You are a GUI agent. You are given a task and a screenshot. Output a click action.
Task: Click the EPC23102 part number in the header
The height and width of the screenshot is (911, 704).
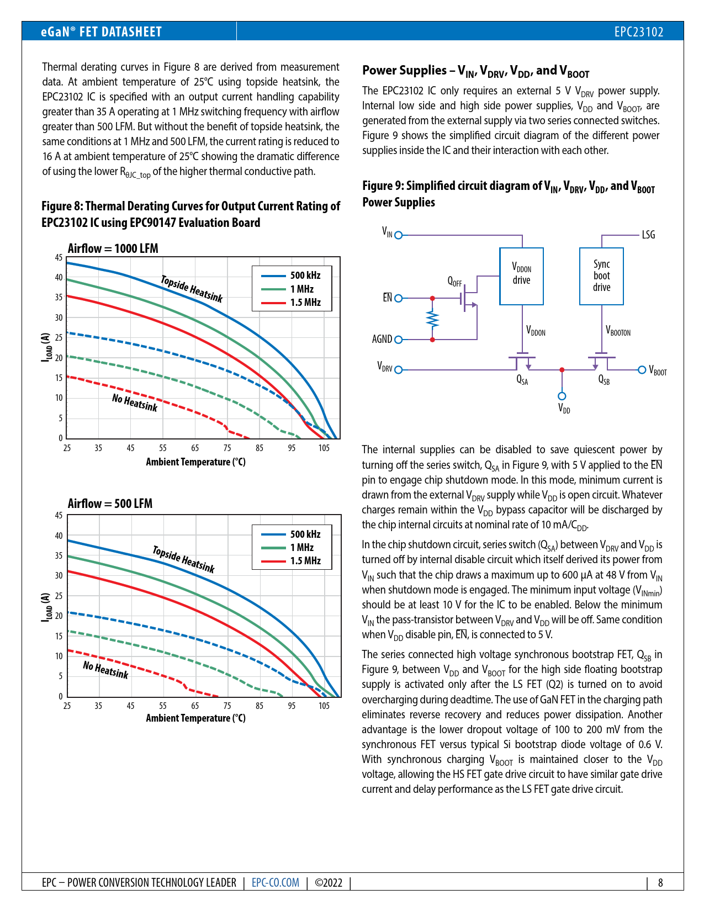click(x=638, y=32)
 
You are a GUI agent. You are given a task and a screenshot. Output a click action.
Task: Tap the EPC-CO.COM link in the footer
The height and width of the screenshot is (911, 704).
click(x=275, y=882)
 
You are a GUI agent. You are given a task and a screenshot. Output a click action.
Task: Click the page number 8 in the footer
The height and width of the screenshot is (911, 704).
click(x=660, y=882)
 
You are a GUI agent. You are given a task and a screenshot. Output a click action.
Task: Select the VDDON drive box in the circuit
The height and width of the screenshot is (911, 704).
click(x=521, y=276)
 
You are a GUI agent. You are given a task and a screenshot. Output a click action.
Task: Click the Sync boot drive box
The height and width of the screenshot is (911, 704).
click(x=601, y=276)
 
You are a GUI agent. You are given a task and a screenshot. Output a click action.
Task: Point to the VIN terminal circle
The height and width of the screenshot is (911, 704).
click(x=399, y=235)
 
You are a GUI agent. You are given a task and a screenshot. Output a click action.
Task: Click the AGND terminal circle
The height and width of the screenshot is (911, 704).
click(x=399, y=340)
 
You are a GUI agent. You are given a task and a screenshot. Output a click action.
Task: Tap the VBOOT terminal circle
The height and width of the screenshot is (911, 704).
click(x=642, y=370)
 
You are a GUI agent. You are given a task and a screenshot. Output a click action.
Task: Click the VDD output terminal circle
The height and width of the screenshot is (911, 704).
click(x=562, y=396)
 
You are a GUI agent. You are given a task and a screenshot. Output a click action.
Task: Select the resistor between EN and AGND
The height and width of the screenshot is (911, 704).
click(x=432, y=319)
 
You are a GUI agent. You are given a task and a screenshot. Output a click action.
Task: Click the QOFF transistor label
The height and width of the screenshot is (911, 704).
click(x=454, y=282)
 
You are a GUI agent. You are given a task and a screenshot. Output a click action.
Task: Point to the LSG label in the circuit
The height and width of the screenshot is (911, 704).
click(x=648, y=235)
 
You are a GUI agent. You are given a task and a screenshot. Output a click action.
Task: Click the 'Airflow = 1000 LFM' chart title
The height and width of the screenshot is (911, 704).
click(x=113, y=248)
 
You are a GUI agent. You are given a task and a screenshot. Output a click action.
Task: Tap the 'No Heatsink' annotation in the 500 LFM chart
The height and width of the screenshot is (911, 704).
click(x=105, y=670)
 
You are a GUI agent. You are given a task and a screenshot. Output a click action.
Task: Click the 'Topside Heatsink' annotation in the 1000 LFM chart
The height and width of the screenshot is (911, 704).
click(x=192, y=289)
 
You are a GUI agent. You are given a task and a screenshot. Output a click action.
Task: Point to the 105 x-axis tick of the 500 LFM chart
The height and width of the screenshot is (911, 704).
click(x=324, y=706)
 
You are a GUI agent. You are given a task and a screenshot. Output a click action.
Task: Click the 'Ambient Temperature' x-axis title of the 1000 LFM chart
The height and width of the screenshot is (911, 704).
click(x=195, y=462)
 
